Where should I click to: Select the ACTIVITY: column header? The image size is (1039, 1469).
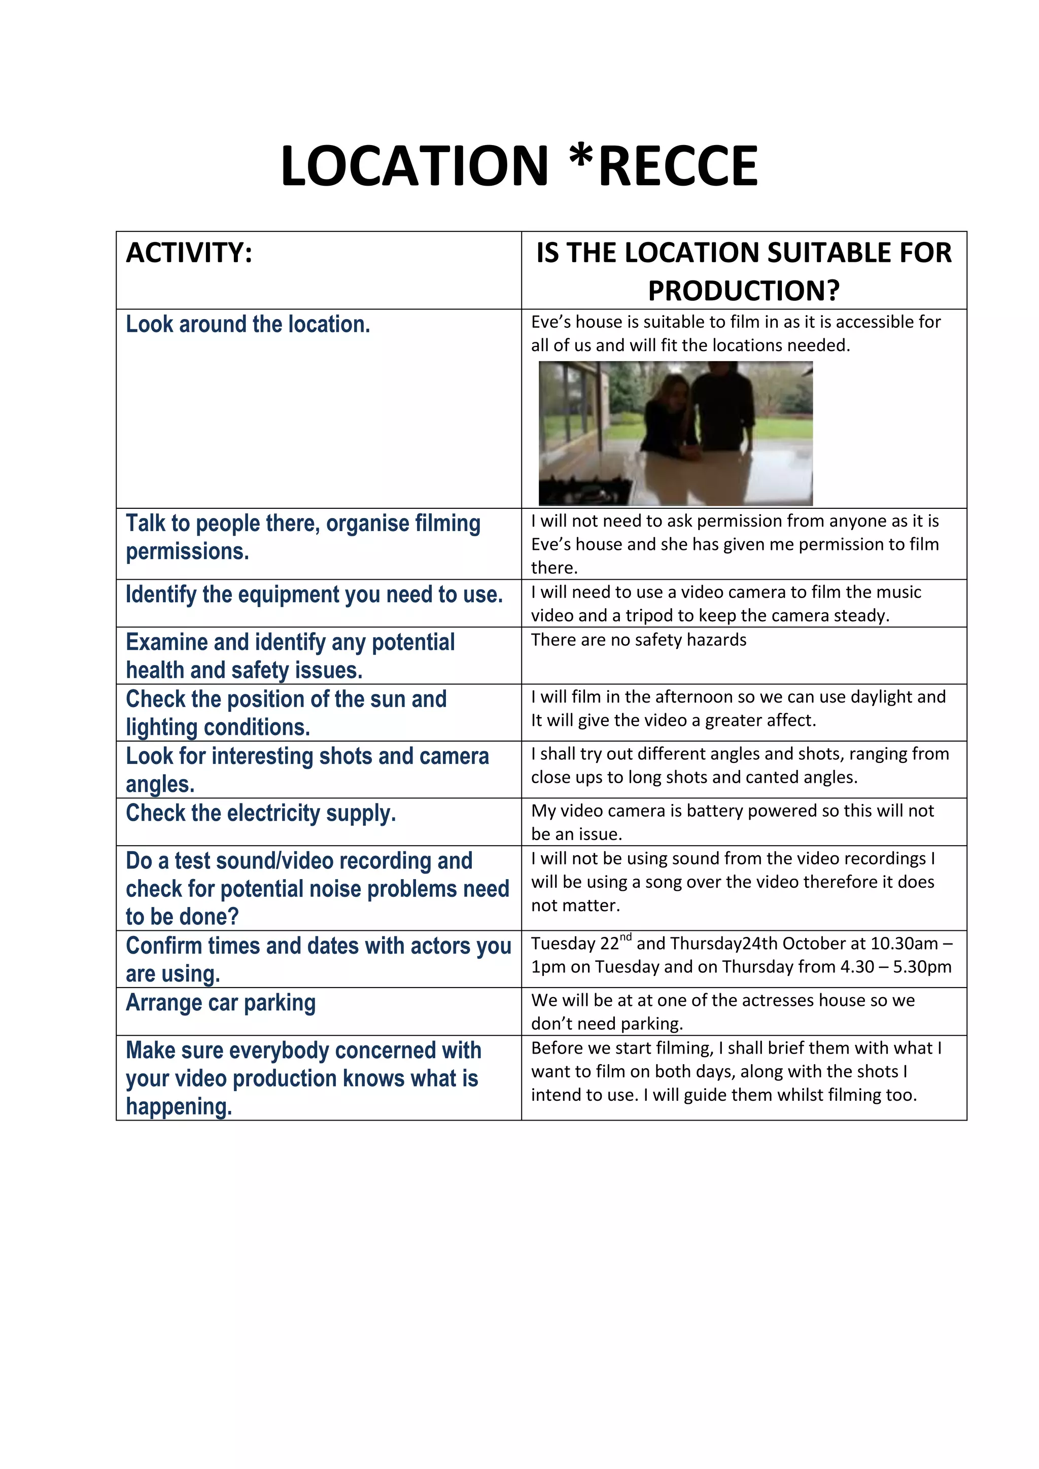tap(189, 253)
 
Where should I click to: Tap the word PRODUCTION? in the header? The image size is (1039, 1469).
tap(743, 291)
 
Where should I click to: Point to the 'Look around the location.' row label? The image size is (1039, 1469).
tap(248, 324)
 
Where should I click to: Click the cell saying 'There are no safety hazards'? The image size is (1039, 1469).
tap(639, 640)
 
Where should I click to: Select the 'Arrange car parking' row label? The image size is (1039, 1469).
tap(221, 1002)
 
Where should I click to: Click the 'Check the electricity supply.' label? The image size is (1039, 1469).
tap(260, 813)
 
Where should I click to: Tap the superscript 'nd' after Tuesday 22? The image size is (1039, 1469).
tap(626, 937)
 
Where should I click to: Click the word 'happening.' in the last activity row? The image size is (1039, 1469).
tap(179, 1107)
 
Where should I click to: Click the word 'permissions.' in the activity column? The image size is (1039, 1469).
tap(187, 551)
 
